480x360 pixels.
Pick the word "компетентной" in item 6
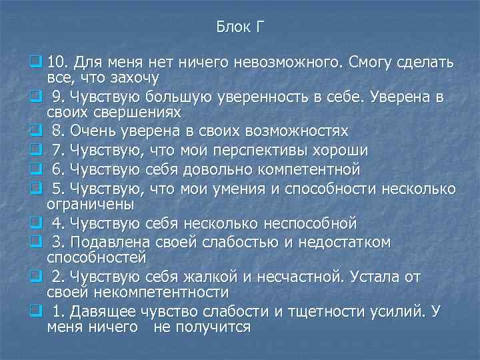click(300, 167)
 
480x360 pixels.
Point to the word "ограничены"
click(91, 202)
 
